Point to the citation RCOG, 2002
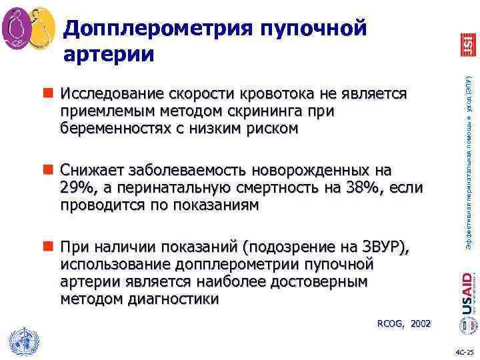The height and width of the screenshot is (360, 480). [404, 323]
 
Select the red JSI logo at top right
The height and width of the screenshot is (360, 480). [468, 43]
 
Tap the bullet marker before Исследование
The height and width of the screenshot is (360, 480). [51, 93]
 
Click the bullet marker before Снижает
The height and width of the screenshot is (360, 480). [51, 170]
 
